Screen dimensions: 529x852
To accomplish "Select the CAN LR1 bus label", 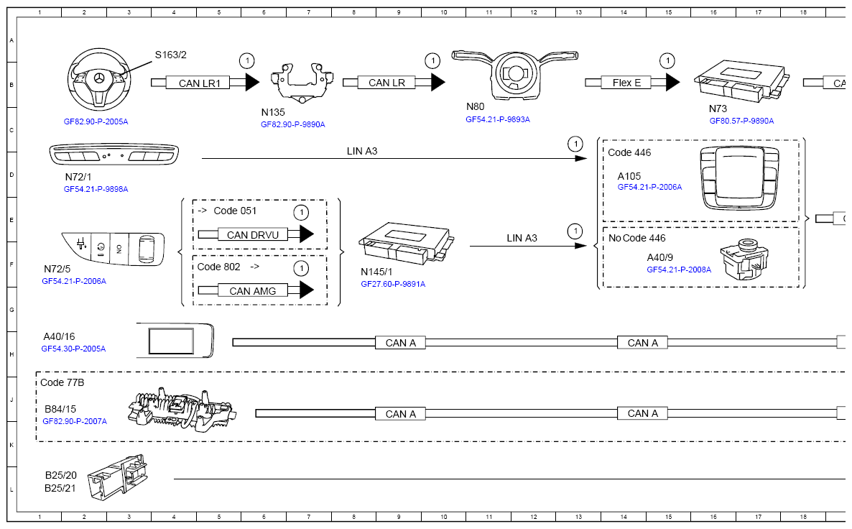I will (194, 83).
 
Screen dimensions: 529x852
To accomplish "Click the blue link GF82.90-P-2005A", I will (96, 122).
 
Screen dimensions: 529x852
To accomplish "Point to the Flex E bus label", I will (626, 83).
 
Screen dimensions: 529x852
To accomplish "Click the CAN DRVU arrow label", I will (247, 234).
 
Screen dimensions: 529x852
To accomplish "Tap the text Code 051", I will (235, 211).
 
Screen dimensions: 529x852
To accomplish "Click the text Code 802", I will (219, 267).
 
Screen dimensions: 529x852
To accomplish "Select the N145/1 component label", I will (376, 272).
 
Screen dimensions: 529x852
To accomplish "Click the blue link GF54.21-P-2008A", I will (679, 270).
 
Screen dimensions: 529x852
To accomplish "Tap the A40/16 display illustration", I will (175, 340).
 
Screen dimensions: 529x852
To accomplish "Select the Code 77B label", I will (62, 382).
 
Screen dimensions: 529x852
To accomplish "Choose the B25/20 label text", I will (61, 475).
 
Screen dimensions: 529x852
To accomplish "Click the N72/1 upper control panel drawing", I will (116, 155).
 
